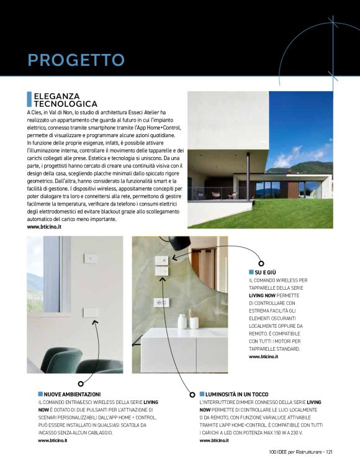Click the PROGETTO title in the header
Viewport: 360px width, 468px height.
pos(76,60)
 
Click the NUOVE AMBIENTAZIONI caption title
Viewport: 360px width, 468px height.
pos(72,394)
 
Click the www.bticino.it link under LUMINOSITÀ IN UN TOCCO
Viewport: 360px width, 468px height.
pos(214,440)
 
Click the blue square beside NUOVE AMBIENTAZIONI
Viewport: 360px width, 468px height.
pos(40,394)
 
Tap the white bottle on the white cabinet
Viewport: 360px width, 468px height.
pos(182,321)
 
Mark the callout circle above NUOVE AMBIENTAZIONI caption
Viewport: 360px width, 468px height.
pos(80,384)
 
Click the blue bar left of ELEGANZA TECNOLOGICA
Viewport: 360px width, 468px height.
pos(29,99)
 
